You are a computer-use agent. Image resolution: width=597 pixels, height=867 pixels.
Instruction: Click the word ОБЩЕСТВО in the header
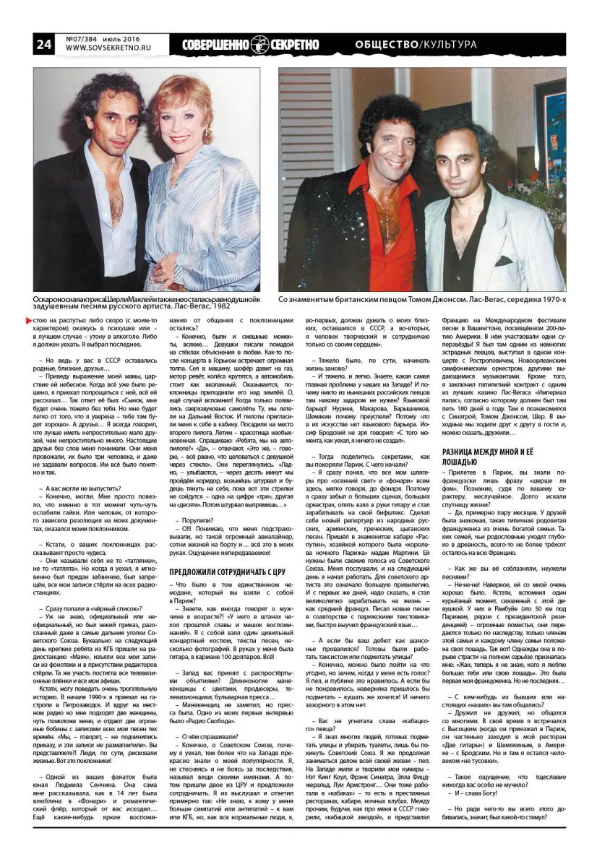click(389, 45)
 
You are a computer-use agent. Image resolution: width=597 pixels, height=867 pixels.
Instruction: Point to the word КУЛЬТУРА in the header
click(451, 45)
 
